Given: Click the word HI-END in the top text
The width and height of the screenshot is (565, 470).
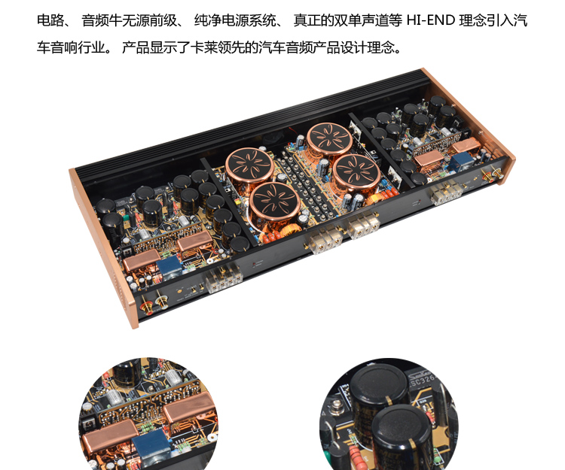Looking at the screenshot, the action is [x=431, y=20].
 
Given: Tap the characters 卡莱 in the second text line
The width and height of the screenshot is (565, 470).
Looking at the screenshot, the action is [x=203, y=47].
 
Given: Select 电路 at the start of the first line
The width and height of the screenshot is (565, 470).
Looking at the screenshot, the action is [x=50, y=20].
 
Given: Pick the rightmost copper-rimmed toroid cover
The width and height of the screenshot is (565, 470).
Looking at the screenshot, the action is [x=356, y=172].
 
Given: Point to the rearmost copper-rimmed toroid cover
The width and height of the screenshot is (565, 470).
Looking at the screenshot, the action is [x=329, y=140].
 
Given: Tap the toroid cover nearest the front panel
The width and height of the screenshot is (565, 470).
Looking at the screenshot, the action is [x=274, y=205].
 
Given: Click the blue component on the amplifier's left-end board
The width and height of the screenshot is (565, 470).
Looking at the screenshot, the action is [x=169, y=267].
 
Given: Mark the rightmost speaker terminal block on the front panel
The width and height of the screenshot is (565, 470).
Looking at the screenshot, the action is [x=446, y=192].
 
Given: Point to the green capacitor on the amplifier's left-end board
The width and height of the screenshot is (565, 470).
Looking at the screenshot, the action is [x=126, y=217].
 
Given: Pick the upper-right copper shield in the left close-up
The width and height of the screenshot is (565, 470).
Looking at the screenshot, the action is [x=190, y=408].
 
